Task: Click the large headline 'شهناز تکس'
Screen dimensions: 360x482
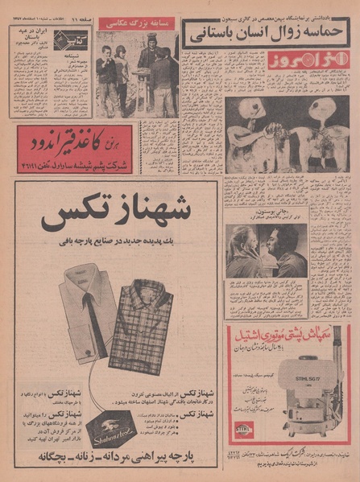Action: click(115, 215)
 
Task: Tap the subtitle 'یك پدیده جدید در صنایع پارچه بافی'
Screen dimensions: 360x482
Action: click(116, 240)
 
